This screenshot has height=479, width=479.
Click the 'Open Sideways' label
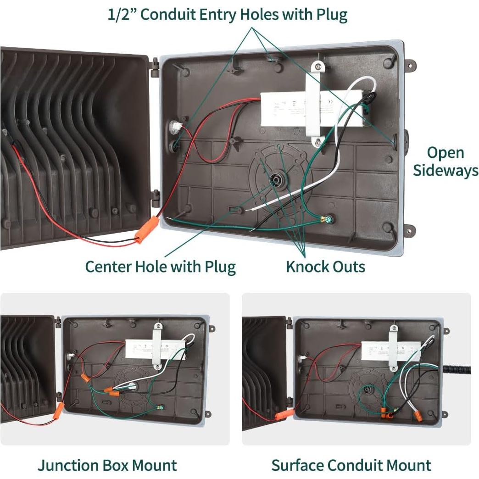[445, 162]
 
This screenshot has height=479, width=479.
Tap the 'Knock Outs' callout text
[325, 267]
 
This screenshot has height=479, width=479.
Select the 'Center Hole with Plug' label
[160, 267]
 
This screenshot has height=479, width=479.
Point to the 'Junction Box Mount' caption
[107, 465]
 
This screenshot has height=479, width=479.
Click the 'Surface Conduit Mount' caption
[351, 465]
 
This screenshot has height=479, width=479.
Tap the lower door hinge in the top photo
[155, 197]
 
